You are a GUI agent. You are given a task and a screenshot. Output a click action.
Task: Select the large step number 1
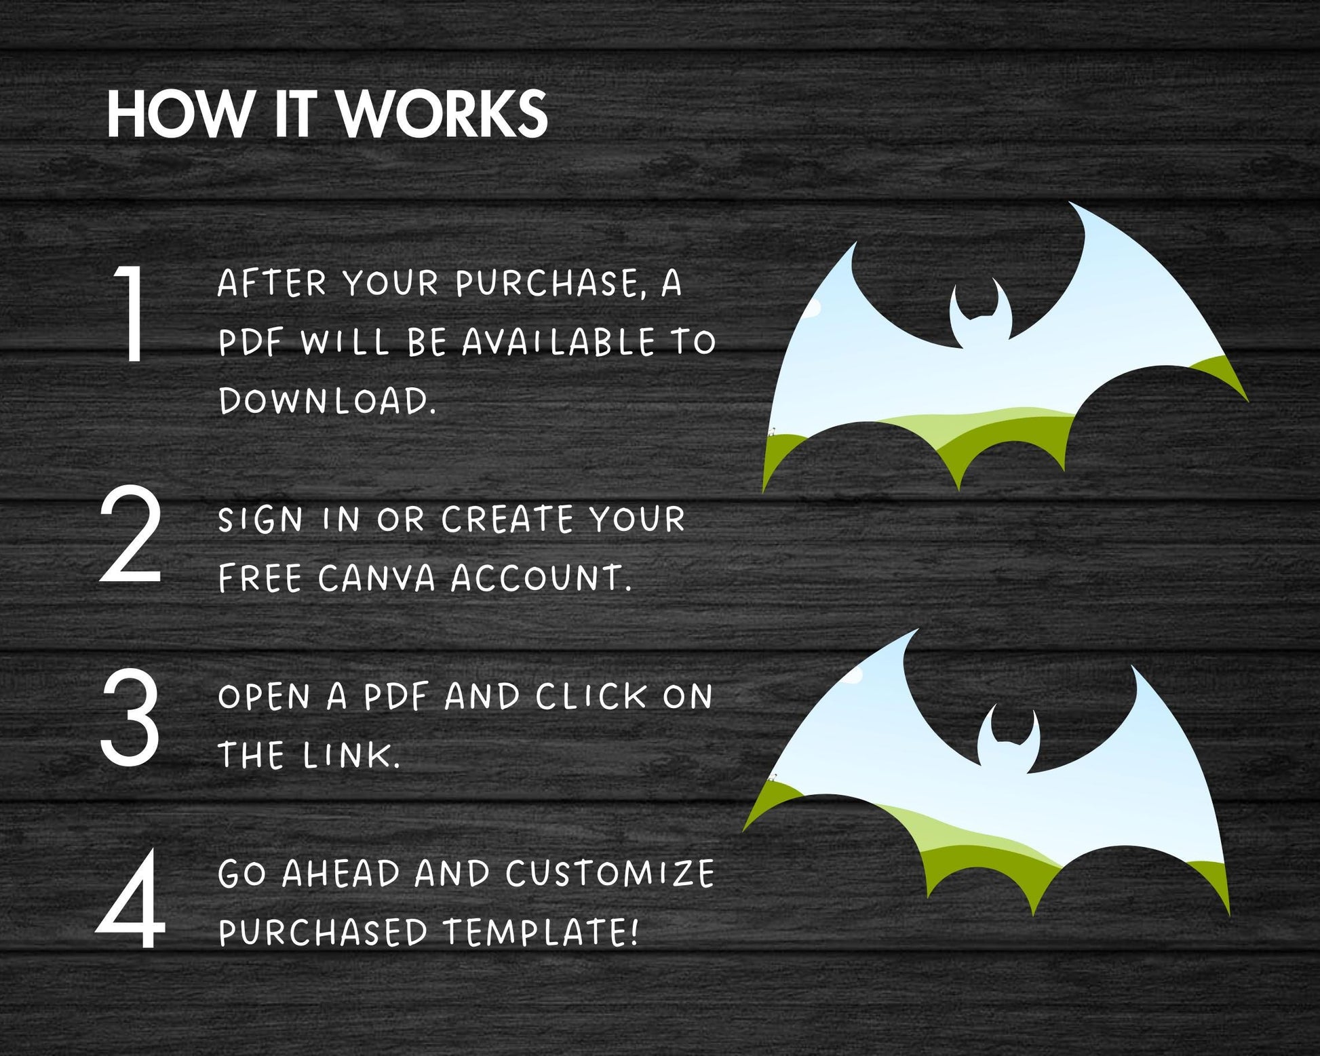pyautogui.click(x=130, y=313)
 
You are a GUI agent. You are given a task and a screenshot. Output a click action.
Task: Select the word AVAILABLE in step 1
pyautogui.click(x=558, y=342)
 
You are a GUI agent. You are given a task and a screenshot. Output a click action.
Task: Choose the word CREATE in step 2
pyautogui.click(x=507, y=520)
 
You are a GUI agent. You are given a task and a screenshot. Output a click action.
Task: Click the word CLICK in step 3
pyautogui.click(x=591, y=697)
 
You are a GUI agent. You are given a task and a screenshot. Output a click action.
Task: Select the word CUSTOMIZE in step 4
pyautogui.click(x=610, y=874)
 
